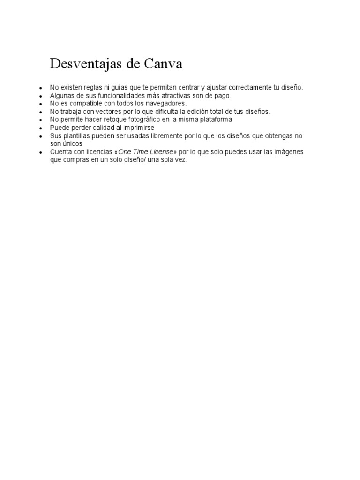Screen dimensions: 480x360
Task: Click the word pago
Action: click(222, 95)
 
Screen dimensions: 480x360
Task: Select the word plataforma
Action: click(214, 119)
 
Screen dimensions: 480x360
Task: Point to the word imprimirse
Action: click(137, 127)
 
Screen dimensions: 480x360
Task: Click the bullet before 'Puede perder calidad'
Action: click(41, 128)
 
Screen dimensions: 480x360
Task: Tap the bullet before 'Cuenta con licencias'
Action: click(41, 152)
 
